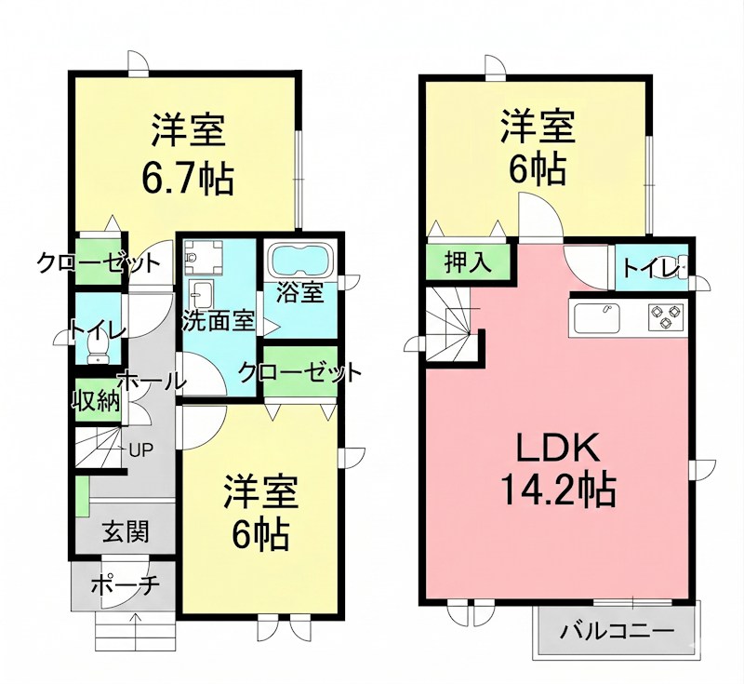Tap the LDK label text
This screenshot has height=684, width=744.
point(556,449)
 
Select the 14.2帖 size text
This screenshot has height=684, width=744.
point(556,490)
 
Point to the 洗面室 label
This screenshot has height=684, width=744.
point(218,321)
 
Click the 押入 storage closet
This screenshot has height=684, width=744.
point(468,262)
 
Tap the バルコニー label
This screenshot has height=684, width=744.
point(616,632)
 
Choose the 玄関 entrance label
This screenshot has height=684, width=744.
point(125,533)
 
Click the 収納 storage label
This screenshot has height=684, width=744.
point(97,401)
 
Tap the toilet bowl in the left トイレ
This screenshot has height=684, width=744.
point(96,346)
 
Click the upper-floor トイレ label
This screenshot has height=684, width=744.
point(650,268)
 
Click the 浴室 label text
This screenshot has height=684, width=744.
point(299,292)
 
